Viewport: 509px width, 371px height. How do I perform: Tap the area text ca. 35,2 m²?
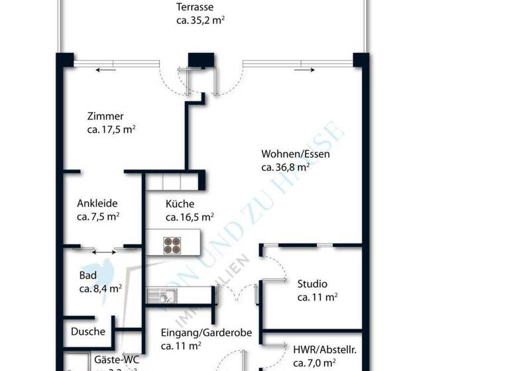click(200, 20)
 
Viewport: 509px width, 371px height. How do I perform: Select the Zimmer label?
click(105, 116)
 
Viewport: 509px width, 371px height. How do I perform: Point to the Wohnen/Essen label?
click(296, 154)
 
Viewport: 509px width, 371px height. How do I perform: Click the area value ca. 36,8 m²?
click(286, 168)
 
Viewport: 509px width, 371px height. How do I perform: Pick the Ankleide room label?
click(98, 203)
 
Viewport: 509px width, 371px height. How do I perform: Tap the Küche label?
click(180, 204)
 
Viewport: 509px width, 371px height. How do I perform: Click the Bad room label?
click(88, 276)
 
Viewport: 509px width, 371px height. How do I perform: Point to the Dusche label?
click(87, 332)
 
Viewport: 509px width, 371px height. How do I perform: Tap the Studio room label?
click(312, 284)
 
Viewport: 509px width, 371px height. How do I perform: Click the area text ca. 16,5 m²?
click(190, 217)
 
